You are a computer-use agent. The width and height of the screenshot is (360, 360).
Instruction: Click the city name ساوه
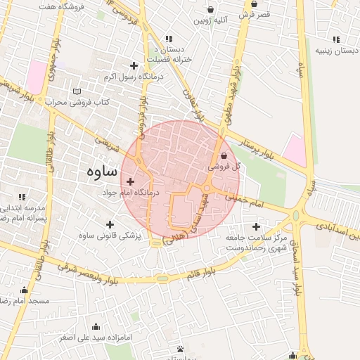[103, 172]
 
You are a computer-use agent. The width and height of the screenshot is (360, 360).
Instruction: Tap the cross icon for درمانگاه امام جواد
[130, 182]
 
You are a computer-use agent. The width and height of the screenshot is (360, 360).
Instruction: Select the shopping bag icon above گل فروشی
[224, 156]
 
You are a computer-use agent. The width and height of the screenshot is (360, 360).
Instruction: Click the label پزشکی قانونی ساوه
[110, 236]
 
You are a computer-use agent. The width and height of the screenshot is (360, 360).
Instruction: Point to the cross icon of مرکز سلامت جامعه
[256, 226]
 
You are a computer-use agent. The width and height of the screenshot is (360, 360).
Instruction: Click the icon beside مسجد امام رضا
[25, 290]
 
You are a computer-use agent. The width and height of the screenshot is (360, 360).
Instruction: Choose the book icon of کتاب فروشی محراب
[77, 91]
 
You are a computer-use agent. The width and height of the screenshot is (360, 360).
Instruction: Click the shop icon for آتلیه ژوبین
[211, 10]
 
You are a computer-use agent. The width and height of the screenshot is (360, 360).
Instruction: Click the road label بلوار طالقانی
[51, 150]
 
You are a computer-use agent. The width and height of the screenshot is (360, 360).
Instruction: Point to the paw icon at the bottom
[181, 349]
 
